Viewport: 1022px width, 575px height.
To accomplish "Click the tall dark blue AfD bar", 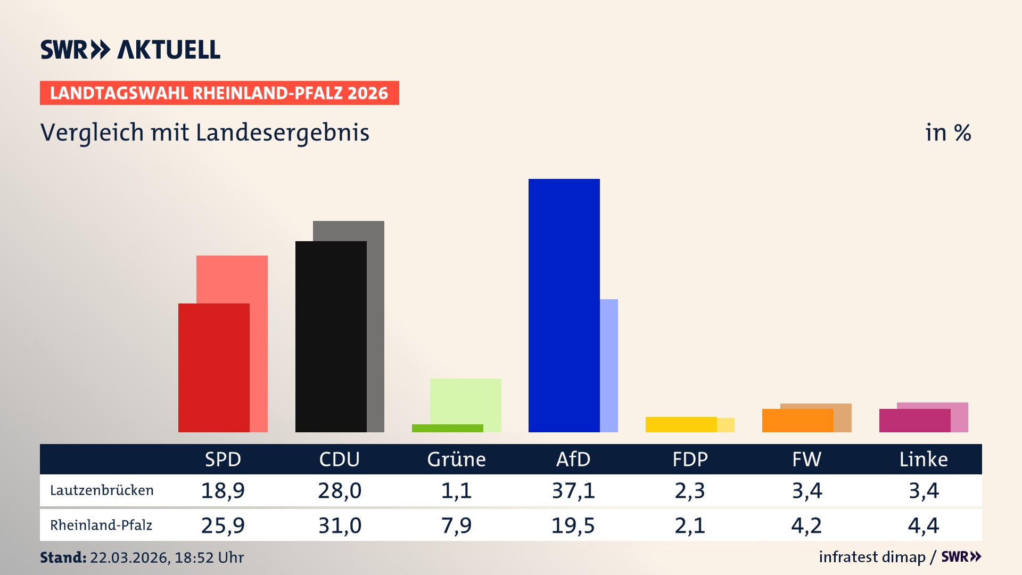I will coord(564,305).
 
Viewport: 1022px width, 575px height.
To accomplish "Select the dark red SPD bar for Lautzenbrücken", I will coord(213,367).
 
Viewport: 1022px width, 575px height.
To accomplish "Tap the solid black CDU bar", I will coord(331,336).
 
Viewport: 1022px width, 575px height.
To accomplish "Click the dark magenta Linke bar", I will coord(914,421).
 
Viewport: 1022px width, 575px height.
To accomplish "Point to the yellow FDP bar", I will coord(681,424).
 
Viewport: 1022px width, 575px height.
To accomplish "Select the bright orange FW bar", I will coord(797,421).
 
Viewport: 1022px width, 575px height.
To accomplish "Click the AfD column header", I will coord(573,459).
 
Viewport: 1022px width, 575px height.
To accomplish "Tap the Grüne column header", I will coord(456,459).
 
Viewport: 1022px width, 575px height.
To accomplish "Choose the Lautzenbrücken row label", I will coord(102,490).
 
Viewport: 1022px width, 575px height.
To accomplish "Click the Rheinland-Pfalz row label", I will coord(101,525).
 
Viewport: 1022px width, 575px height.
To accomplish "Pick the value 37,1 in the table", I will coord(573,490).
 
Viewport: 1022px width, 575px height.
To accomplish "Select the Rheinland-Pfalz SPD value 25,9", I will coord(222,525).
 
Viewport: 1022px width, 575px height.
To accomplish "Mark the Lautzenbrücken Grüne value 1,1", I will coord(456,490).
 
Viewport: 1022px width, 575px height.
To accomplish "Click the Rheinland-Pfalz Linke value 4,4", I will coord(923,525).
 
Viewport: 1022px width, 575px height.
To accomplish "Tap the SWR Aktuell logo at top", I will coord(130,50).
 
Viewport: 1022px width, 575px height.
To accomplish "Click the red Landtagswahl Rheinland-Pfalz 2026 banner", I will coord(219,93).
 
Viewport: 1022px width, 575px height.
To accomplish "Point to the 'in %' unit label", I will coord(947,133).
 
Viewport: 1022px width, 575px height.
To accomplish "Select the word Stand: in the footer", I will coord(63,557).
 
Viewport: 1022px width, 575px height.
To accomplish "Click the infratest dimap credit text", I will coord(872,557).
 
